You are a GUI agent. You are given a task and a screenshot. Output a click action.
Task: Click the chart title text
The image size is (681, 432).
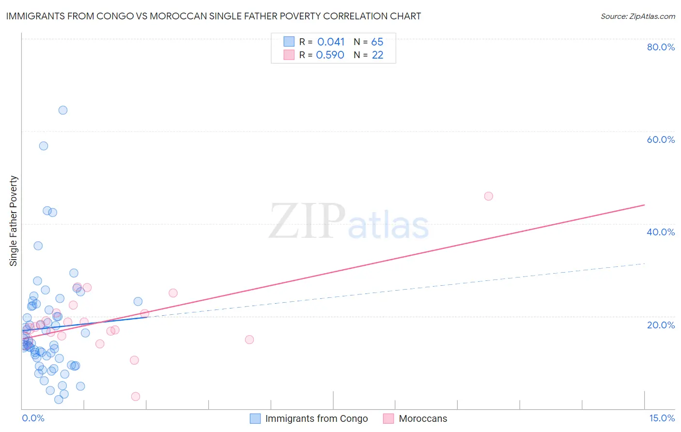click(x=214, y=16)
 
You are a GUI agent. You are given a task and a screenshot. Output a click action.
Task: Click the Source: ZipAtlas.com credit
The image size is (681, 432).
click(x=637, y=16)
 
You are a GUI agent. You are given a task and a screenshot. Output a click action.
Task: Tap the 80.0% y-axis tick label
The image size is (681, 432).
click(x=661, y=47)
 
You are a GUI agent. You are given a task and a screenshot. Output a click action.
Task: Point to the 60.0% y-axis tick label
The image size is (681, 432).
click(x=661, y=139)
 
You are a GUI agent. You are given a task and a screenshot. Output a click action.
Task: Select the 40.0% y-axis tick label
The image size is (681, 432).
click(x=661, y=232)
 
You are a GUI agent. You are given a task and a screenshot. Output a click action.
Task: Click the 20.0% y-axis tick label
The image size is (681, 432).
click(x=661, y=325)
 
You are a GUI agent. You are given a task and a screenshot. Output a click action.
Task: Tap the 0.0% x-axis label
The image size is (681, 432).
click(x=33, y=418)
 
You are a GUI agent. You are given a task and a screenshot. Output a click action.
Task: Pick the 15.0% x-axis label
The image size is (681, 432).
click(x=662, y=418)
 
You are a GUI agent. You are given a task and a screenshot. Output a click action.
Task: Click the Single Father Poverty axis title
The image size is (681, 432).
click(x=14, y=220)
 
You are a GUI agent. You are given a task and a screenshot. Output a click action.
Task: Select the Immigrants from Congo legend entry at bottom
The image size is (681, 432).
click(x=316, y=418)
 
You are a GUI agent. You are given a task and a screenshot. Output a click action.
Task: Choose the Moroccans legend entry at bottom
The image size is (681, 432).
click(x=423, y=418)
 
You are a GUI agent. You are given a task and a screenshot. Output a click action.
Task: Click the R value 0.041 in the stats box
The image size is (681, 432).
click(x=331, y=42)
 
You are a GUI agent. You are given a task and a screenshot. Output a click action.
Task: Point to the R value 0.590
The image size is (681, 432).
click(x=330, y=55)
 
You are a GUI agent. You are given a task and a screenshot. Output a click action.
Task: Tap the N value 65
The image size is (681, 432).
click(x=377, y=42)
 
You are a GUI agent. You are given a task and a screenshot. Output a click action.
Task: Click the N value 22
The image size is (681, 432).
click(x=377, y=55)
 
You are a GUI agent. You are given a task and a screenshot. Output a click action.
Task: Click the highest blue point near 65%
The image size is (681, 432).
click(x=63, y=110)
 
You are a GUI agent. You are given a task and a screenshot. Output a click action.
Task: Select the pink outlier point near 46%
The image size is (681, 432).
click(x=488, y=196)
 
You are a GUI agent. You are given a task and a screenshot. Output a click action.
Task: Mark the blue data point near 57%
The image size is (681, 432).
click(x=44, y=146)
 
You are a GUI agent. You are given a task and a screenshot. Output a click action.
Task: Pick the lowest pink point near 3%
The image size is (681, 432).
click(x=136, y=397)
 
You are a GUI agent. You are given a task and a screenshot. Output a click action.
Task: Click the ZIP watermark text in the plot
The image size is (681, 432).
click(x=307, y=222)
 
